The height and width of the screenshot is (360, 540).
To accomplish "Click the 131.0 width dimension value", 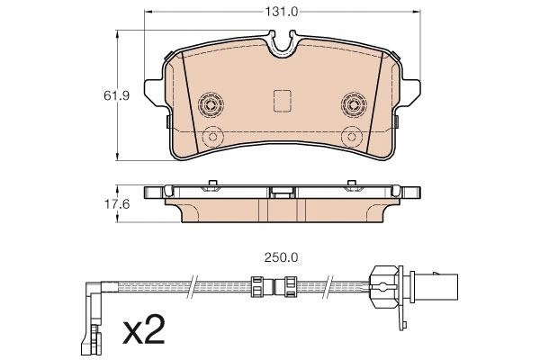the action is click(x=281, y=12).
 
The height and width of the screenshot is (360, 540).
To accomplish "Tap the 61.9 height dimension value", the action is click(x=117, y=95).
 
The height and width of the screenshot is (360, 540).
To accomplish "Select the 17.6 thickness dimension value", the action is click(x=117, y=204).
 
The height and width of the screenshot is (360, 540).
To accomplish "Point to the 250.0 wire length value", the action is click(x=281, y=257).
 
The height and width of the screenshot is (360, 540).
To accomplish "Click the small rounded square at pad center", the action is click(x=283, y=101).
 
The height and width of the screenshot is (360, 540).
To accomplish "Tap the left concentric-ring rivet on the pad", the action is click(x=211, y=104).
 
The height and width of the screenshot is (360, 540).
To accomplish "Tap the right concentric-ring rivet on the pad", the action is click(x=354, y=104).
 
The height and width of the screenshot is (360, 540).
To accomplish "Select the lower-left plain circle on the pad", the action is click(x=212, y=137).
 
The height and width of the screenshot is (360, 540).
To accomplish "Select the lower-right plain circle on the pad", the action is click(x=352, y=137).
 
